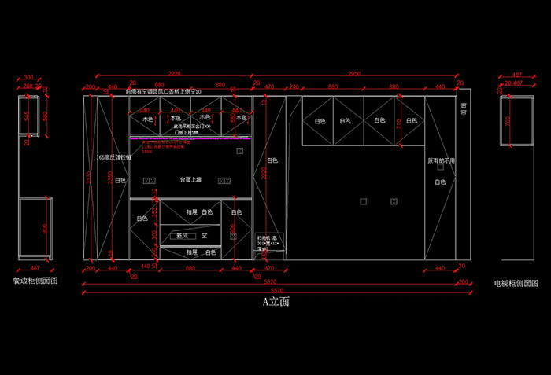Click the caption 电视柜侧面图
(x=516, y=282)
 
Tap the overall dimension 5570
(x=275, y=292)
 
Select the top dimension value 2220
(x=173, y=73)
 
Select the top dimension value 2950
(x=353, y=73)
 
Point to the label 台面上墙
(x=190, y=180)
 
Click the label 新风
(x=182, y=235)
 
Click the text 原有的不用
(x=441, y=160)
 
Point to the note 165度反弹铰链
(x=109, y=157)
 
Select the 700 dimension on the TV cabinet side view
(x=508, y=120)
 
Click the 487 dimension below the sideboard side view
(x=34, y=268)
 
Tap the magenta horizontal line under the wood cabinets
(x=189, y=138)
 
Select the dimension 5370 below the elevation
(x=269, y=283)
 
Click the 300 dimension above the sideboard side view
(x=29, y=78)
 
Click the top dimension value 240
(x=294, y=86)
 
